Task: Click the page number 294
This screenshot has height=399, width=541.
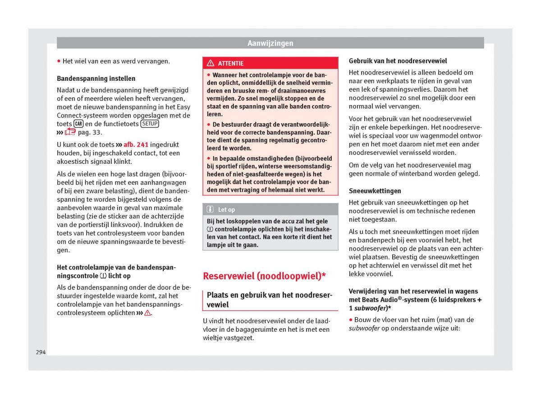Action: point(41,352)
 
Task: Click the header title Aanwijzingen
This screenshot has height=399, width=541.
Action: point(270,43)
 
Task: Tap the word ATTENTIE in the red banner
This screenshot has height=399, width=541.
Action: point(230,64)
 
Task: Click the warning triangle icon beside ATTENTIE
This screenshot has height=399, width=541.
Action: point(211,63)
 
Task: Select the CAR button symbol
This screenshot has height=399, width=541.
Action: point(78,124)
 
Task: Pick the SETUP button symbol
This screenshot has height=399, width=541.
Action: point(149,124)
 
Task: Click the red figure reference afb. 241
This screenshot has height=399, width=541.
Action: point(136,145)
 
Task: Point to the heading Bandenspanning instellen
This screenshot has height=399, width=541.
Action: point(96,78)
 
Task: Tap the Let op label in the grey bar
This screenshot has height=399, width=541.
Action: point(226,209)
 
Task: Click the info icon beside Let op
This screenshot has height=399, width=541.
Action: point(210,209)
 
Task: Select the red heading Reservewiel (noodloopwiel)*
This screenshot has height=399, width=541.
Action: point(264,276)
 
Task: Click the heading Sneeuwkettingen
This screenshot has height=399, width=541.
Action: point(375,191)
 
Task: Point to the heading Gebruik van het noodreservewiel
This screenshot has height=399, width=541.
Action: point(398,60)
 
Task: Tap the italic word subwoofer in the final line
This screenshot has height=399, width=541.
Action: point(364,328)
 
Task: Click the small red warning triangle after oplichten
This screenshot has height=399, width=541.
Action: point(147,313)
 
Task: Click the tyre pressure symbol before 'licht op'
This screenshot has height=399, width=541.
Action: point(103,276)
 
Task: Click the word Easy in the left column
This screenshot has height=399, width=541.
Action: point(183,107)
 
